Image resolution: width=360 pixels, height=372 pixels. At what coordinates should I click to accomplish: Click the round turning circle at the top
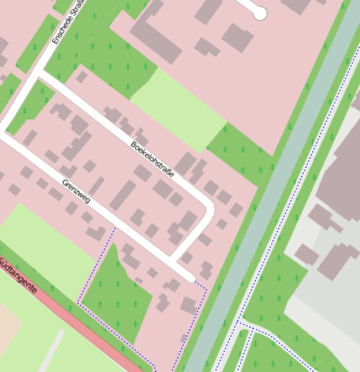pos(260,13)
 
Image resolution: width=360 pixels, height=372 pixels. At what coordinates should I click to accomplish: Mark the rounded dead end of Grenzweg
pos(191,278)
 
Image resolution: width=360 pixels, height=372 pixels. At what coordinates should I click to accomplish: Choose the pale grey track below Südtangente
pos(50,353)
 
